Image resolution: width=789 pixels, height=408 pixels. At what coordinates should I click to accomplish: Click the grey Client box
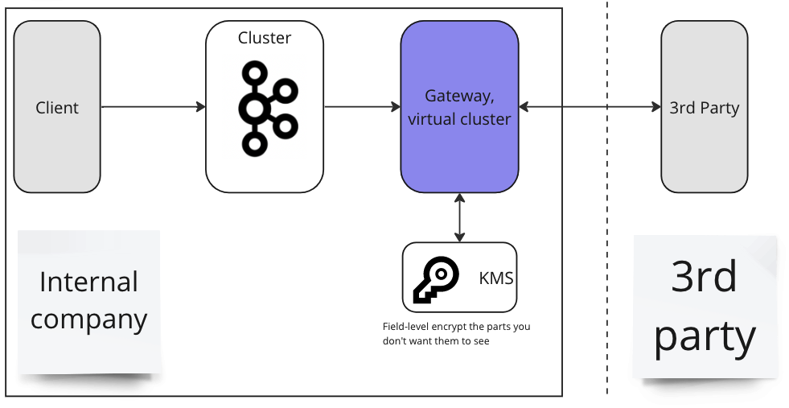click(57, 107)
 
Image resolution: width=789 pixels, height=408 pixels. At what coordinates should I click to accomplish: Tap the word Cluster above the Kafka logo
click(265, 38)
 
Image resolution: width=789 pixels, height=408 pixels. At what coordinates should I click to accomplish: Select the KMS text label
click(495, 278)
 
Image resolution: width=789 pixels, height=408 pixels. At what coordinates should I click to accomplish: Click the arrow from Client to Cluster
click(153, 106)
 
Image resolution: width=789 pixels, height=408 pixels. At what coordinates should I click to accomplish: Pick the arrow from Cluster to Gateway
click(362, 106)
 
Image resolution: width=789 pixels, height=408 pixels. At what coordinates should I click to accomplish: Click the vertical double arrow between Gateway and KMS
click(459, 217)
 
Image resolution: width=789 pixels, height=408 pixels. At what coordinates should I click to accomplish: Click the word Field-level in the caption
click(404, 327)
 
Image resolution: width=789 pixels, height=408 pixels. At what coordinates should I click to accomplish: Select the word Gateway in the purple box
click(458, 96)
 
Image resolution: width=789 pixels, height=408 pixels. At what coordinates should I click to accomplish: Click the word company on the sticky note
click(89, 319)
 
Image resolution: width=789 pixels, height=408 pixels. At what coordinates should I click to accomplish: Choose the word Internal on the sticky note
click(89, 282)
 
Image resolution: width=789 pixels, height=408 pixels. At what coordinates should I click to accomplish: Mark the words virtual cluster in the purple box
click(459, 119)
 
